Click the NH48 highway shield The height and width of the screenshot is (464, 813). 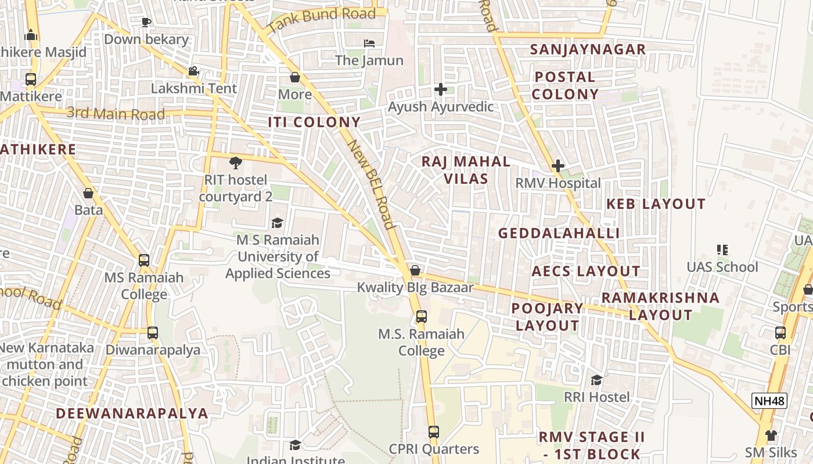pyautogui.click(x=769, y=400)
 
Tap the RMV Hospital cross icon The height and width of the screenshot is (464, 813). pyautogui.click(x=558, y=166)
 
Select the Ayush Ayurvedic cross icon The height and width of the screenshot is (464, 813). pyautogui.click(x=441, y=89)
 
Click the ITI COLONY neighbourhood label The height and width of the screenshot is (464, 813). pyautogui.click(x=314, y=122)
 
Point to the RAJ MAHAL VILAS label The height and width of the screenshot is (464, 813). pyautogui.click(x=466, y=170)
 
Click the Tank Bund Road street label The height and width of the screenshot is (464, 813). pyautogui.click(x=322, y=20)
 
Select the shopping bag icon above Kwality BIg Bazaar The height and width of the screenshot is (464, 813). pyautogui.click(x=415, y=270)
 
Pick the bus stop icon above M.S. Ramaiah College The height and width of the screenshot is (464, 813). pyautogui.click(x=422, y=317)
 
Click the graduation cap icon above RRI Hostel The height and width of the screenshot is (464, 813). pyautogui.click(x=596, y=380)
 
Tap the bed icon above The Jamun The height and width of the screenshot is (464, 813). pyautogui.click(x=369, y=43)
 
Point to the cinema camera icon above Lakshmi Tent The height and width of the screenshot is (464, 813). pyautogui.click(x=193, y=71)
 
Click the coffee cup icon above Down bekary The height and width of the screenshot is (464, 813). pyautogui.click(x=146, y=23)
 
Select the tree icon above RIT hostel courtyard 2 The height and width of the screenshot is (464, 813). pyautogui.click(x=235, y=163)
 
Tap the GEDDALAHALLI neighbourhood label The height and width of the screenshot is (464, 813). pyautogui.click(x=559, y=233)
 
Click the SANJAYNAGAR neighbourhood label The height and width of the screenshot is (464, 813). pyautogui.click(x=588, y=50)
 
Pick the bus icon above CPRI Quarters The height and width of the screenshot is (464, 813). pyautogui.click(x=434, y=432)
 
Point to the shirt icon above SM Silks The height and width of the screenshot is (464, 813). pyautogui.click(x=771, y=435)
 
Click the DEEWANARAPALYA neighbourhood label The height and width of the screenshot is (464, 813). pyautogui.click(x=132, y=414)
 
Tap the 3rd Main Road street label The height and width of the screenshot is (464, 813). pyautogui.click(x=116, y=114)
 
